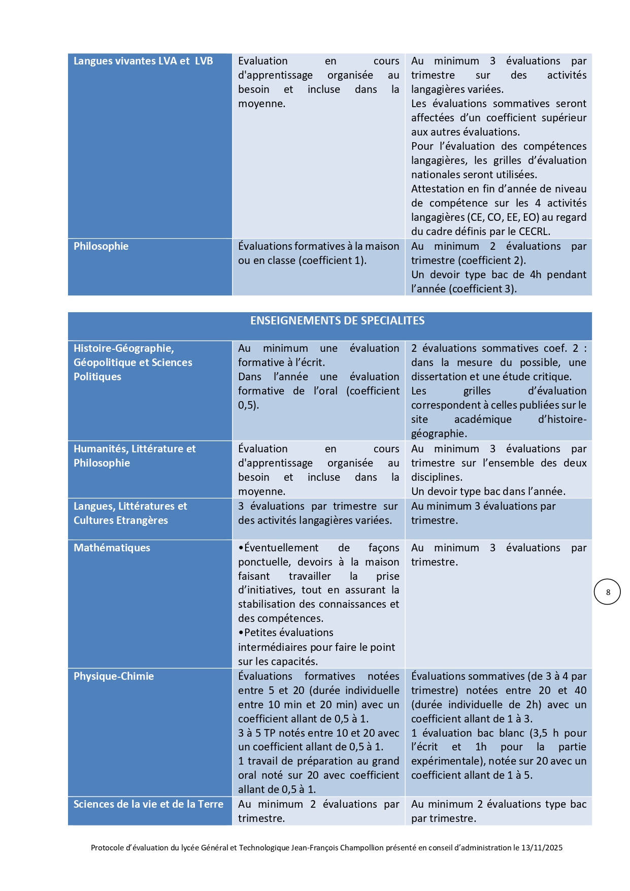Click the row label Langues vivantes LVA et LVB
pyautogui.click(x=143, y=61)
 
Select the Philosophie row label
pyautogui.click(x=101, y=246)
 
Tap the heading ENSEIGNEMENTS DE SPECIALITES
pyautogui.click(x=337, y=321)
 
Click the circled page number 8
pyautogui.click(x=608, y=592)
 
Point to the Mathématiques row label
pyautogui.click(x=112, y=548)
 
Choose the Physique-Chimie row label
pyautogui.click(x=114, y=676)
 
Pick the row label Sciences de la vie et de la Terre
pyautogui.click(x=148, y=804)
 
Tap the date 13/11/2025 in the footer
pyautogui.click(x=542, y=847)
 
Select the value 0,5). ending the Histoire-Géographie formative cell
pyautogui.click(x=248, y=405)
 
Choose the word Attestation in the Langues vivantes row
pyautogui.click(x=438, y=189)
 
